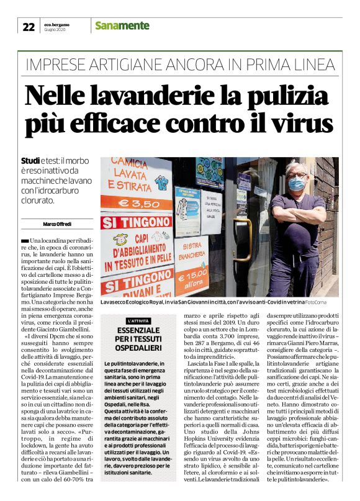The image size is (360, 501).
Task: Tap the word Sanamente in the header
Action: tap(122, 25)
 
